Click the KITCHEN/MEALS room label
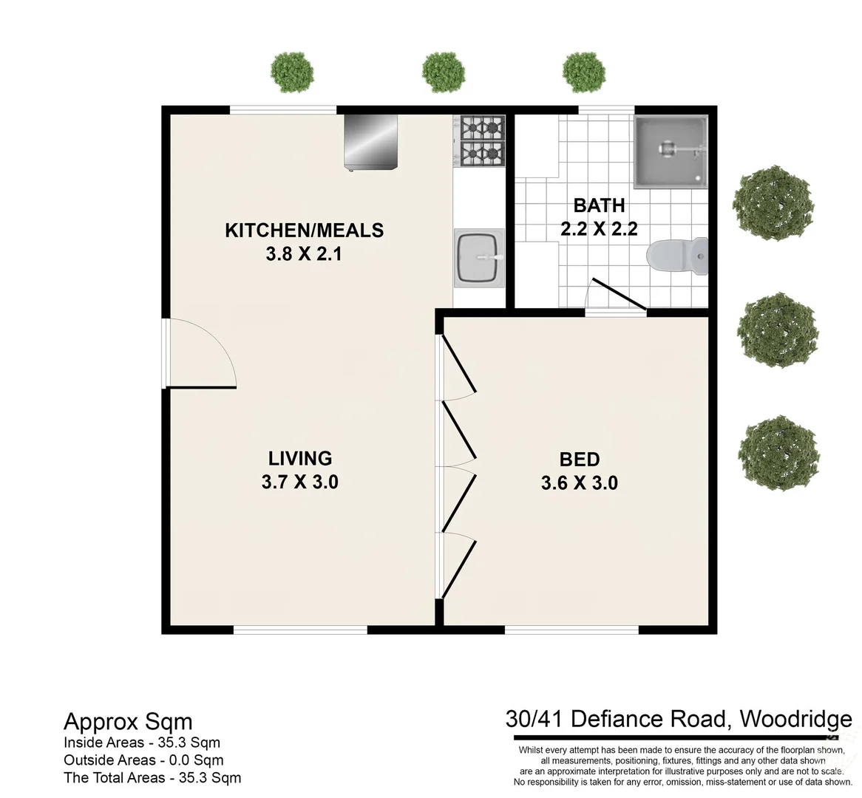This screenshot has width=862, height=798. [304, 230]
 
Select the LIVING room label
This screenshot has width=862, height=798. [299, 458]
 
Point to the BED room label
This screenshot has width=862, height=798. [579, 460]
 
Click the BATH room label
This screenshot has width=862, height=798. [599, 205]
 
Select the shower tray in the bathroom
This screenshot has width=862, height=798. [671, 151]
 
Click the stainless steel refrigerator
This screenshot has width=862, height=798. [370, 141]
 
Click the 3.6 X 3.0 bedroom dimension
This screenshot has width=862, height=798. [579, 484]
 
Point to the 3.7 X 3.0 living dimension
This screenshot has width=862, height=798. [299, 482]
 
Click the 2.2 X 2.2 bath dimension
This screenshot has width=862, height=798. [599, 229]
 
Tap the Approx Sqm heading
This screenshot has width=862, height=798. [128, 721]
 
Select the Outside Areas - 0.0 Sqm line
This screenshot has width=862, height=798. [143, 760]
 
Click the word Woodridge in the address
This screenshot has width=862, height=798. [795, 718]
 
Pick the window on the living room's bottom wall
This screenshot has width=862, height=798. [300, 630]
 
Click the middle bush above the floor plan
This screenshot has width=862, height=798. [444, 71]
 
